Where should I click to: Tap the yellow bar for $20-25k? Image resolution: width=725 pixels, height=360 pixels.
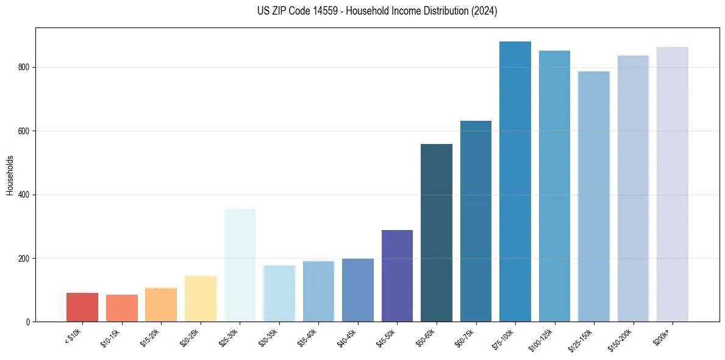coord(201,298)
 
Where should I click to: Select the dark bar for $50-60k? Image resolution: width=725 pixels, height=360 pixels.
coord(437,232)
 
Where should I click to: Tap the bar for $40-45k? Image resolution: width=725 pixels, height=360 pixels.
coord(358,290)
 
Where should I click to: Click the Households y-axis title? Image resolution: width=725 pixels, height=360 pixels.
coord(10,175)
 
